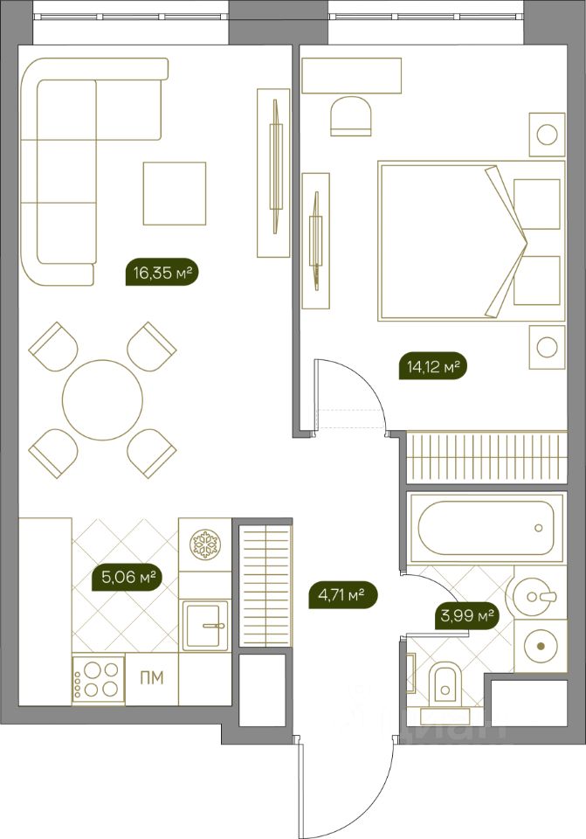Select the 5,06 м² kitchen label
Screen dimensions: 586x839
tap(128, 578)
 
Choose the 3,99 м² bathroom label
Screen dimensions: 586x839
tap(465, 616)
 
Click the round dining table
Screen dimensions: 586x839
tap(103, 399)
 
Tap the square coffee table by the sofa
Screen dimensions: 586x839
tap(175, 193)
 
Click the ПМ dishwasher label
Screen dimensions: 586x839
tap(152, 678)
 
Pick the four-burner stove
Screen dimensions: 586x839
tap(99, 679)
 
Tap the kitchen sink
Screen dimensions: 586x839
tap(205, 625)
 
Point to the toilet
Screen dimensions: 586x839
tap(445, 688)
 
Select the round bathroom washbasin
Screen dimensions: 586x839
tap(534, 595)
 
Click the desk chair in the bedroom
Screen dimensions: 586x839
tap(351, 116)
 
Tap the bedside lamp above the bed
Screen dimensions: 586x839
tap(547, 135)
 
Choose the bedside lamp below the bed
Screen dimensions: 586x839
tap(547, 347)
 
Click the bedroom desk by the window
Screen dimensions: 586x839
tap(351, 75)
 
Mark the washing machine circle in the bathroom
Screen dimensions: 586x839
tap(541, 646)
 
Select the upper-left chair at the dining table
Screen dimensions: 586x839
tap(53, 347)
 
